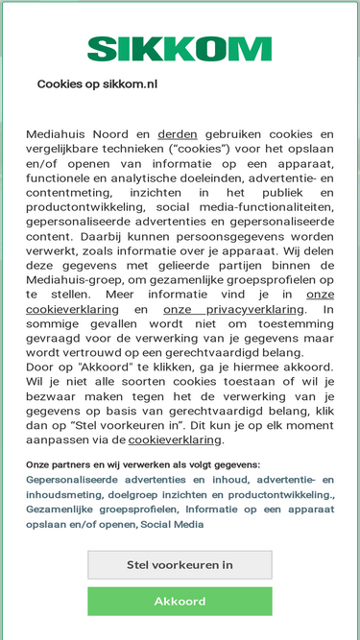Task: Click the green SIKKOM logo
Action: [180, 49]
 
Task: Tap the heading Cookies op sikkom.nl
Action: [97, 84]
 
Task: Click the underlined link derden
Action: [178, 134]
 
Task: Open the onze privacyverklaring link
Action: [233, 309]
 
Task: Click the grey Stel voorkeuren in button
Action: [180, 564]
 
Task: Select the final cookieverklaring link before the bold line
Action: [175, 439]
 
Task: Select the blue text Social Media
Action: [174, 524]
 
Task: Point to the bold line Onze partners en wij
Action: [142, 463]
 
